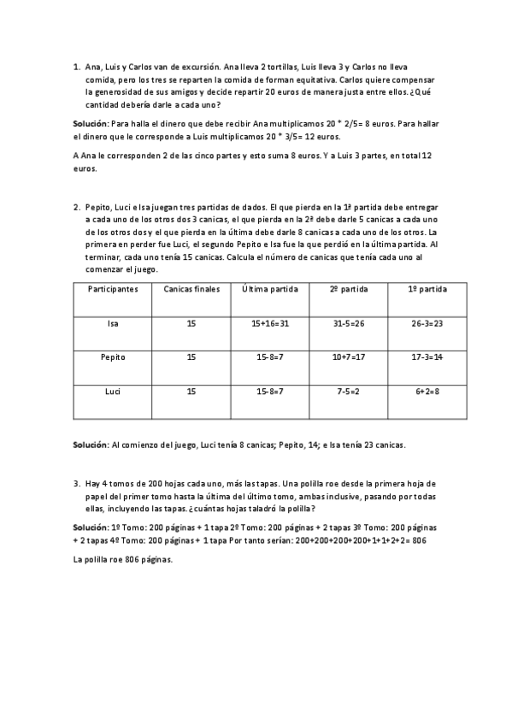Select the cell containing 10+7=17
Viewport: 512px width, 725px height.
pyautogui.click(x=349, y=357)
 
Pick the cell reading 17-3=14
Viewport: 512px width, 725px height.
pyautogui.click(x=427, y=357)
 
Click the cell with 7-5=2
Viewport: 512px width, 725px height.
pyautogui.click(x=349, y=392)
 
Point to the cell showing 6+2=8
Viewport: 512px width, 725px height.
pyautogui.click(x=427, y=392)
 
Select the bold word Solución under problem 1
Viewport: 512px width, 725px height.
pyautogui.click(x=91, y=124)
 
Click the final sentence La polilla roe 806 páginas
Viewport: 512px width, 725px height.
pyautogui.click(x=124, y=560)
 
